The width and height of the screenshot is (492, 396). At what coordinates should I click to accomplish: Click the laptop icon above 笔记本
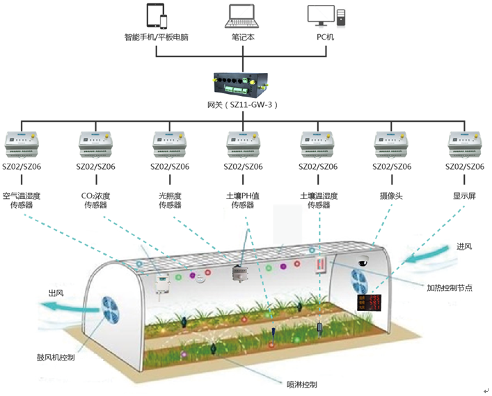242,16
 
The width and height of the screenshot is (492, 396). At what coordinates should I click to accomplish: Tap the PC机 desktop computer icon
326,16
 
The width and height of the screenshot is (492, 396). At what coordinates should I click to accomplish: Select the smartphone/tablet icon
157,16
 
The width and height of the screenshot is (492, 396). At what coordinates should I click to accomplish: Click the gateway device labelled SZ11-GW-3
241,83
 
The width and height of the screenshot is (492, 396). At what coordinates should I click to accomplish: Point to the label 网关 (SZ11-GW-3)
242,105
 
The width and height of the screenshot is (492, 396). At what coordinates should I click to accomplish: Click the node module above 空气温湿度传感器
22,144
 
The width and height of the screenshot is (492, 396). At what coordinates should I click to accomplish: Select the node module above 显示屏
464,144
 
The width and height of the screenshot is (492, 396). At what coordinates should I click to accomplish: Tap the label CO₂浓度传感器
96,200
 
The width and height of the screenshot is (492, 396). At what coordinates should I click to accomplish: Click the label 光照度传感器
170,200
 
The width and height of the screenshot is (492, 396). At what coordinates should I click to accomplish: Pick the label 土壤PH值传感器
243,200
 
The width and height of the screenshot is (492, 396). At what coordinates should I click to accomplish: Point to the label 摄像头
391,196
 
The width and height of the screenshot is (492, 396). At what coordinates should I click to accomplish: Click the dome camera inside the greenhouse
363,261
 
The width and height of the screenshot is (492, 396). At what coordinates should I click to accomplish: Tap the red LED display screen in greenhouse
370,303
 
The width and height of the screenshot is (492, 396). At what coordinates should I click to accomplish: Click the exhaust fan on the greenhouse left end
110,311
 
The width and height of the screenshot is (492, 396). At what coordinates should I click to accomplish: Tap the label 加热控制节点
450,287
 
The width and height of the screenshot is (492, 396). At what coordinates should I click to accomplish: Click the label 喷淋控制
302,384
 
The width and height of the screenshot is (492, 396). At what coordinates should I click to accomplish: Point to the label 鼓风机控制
56,358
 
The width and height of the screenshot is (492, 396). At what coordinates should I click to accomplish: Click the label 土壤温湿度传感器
319,200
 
